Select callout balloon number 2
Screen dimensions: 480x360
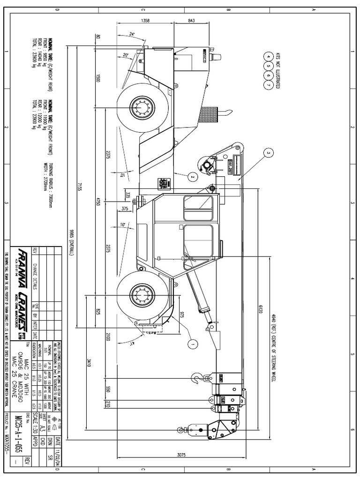[x=191, y=176]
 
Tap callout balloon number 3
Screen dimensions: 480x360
[x=268, y=153]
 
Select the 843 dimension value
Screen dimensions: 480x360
[x=191, y=21]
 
